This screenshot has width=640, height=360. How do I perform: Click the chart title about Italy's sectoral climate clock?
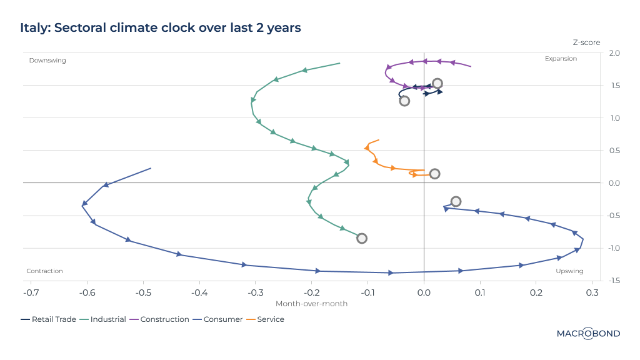[x=161, y=27]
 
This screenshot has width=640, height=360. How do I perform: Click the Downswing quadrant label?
[x=47, y=60]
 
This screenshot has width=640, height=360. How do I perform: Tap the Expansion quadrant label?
[x=561, y=59]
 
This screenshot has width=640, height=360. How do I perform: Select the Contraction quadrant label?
[x=44, y=271]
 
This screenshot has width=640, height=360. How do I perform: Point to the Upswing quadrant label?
[x=569, y=271]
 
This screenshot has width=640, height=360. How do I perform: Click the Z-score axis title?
[x=586, y=42]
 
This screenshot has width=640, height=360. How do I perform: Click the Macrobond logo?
[x=588, y=334]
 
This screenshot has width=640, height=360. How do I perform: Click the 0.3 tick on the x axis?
[x=592, y=292]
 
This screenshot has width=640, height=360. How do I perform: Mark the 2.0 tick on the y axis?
[x=614, y=53]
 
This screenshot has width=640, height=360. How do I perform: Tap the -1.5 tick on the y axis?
[x=613, y=281]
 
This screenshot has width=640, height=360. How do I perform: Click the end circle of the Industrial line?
[x=361, y=238]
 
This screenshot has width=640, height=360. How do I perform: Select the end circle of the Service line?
[x=434, y=174]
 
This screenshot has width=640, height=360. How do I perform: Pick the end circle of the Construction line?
[x=437, y=83]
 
